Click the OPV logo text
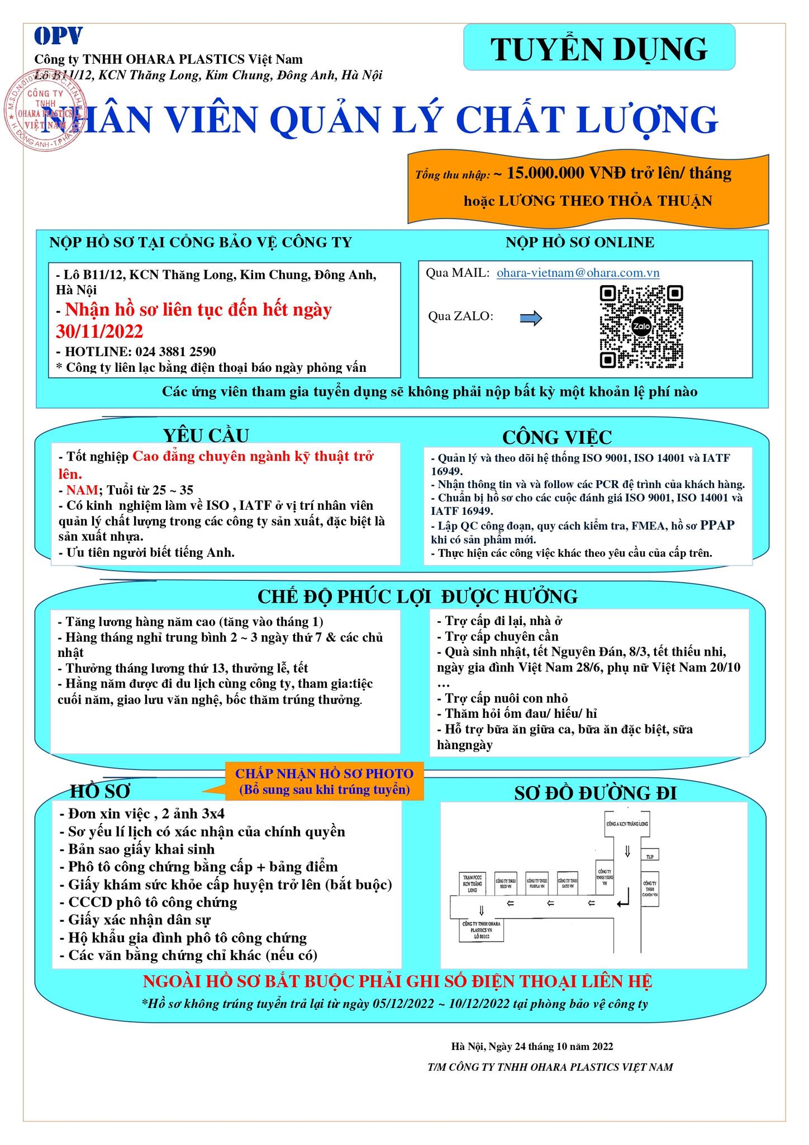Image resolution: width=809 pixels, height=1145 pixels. [x=58, y=36]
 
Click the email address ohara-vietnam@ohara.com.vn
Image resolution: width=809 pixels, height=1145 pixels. [x=578, y=273]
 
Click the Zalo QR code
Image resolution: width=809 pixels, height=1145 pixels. [x=641, y=327]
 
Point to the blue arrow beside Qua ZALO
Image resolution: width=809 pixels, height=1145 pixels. [x=531, y=319]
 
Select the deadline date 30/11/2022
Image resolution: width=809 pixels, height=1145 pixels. [x=99, y=332]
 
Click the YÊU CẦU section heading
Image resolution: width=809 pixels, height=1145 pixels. [x=206, y=435]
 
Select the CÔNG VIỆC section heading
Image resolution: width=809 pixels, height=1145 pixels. [x=556, y=437]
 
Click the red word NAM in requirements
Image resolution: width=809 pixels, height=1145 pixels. [x=82, y=490]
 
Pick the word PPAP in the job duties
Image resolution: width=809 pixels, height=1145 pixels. [x=717, y=526]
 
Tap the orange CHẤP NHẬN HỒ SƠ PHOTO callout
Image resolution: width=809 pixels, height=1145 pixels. [x=324, y=781]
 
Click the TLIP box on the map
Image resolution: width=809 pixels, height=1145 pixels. [x=649, y=856]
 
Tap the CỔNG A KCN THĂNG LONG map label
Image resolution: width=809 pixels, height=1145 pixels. [x=627, y=824]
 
